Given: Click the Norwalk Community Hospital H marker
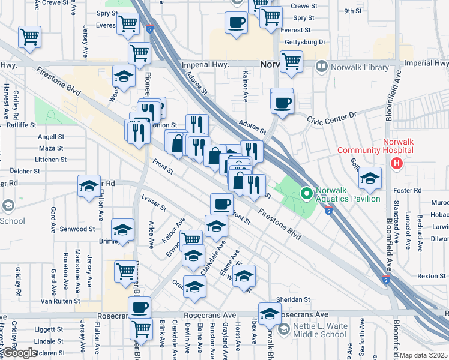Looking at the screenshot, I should (x=396, y=163).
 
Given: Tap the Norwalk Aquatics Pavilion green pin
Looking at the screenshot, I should (x=306, y=193).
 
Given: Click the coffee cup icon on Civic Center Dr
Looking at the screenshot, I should (x=282, y=102).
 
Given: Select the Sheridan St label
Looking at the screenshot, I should (x=292, y=299).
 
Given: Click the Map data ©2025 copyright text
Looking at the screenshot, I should (x=424, y=355).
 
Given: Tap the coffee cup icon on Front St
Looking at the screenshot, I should (x=221, y=205).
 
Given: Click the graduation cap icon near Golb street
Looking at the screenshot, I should (x=370, y=178).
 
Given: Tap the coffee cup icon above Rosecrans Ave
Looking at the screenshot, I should (x=140, y=307).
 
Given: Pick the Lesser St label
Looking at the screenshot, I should (x=154, y=202).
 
